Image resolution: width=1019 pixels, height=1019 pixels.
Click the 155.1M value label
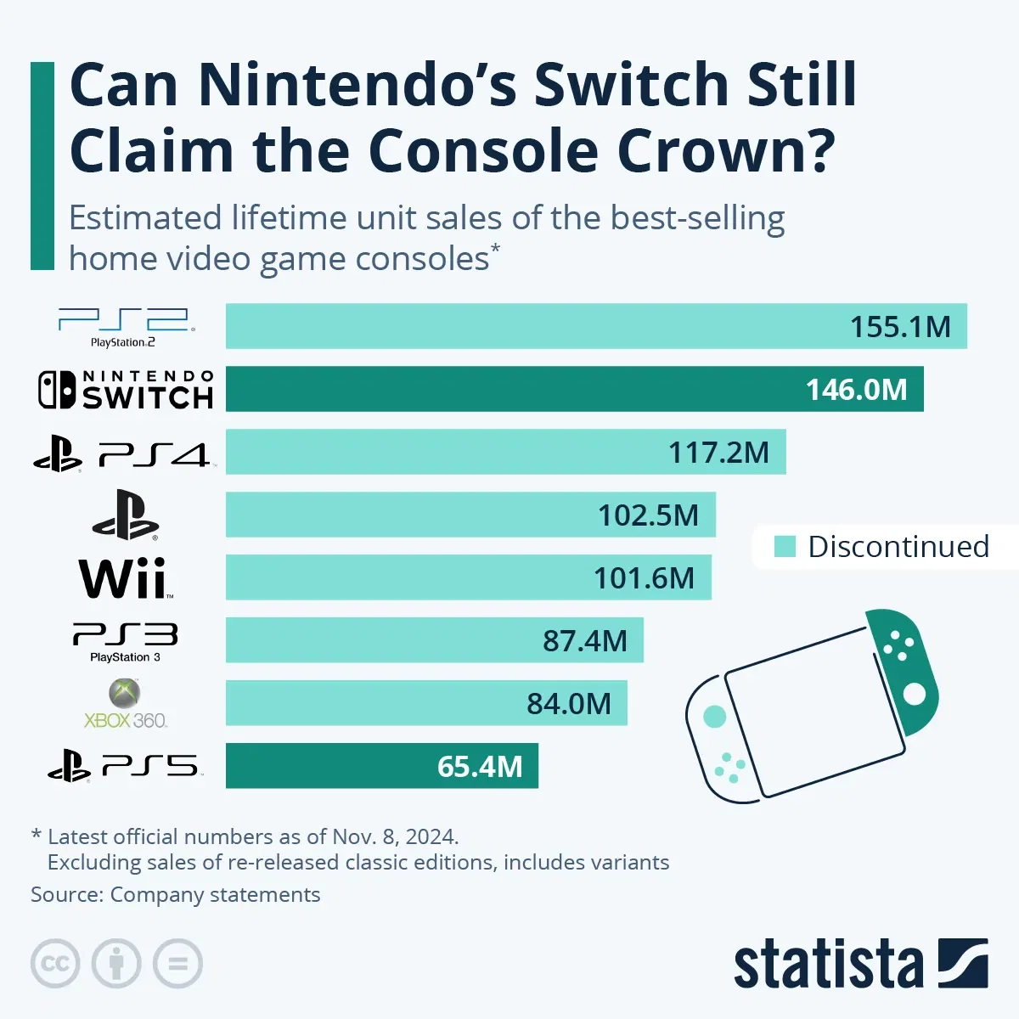pyautogui.click(x=900, y=327)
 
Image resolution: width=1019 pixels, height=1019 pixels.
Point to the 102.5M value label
pyautogui.click(x=648, y=515)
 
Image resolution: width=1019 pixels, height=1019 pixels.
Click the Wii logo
pyautogui.click(x=125, y=578)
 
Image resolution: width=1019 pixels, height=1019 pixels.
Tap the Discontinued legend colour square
pyautogui.click(x=785, y=547)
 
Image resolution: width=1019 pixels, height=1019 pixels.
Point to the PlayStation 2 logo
pyautogui.click(x=125, y=327)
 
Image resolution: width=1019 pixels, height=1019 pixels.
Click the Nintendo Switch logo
pyautogui.click(x=125, y=390)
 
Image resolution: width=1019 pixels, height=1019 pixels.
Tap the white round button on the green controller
pyautogui.click(x=914, y=695)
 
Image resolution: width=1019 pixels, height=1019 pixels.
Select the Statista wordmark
pyautogui.click(x=828, y=966)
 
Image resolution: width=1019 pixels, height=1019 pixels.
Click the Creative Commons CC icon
pyautogui.click(x=55, y=964)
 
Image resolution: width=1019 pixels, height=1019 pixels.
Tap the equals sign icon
pyautogui.click(x=178, y=964)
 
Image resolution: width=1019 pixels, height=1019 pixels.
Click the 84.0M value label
pyautogui.click(x=568, y=704)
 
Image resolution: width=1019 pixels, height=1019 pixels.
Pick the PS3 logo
pyautogui.click(x=125, y=641)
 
